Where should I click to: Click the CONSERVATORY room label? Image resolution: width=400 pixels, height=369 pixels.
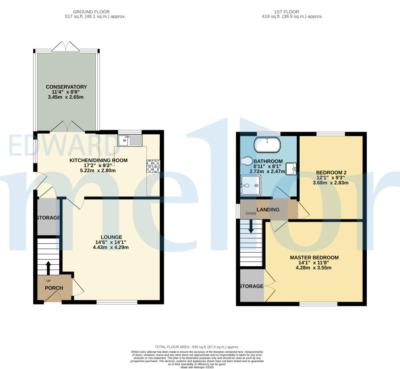(66, 87)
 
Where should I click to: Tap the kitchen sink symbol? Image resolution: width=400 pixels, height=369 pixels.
(130, 140)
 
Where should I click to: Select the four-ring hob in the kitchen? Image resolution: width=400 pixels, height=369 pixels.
(153, 166)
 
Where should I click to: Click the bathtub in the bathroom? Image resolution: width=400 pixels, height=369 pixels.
(267, 145)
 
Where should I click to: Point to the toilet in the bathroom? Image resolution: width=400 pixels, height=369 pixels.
(247, 161)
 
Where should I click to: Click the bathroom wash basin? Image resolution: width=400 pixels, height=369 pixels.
(291, 169)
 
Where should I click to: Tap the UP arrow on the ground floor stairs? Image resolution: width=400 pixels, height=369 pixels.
(48, 268)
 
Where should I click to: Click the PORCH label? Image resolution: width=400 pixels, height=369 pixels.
(54, 288)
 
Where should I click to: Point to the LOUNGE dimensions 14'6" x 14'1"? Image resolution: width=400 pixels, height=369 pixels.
(111, 242)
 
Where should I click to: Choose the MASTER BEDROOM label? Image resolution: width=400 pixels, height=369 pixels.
(314, 258)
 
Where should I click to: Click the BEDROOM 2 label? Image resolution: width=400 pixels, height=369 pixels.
(331, 172)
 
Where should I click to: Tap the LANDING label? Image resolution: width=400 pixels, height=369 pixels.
(268, 210)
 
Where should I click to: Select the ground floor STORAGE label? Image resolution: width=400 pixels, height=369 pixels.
(48, 217)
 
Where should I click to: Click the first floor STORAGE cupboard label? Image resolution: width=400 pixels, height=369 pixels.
(251, 286)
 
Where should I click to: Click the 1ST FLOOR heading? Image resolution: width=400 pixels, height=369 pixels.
(292, 12)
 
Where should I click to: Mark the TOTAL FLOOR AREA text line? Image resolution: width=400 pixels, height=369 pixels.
(197, 347)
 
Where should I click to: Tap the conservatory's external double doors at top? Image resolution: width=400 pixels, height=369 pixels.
(66, 46)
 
